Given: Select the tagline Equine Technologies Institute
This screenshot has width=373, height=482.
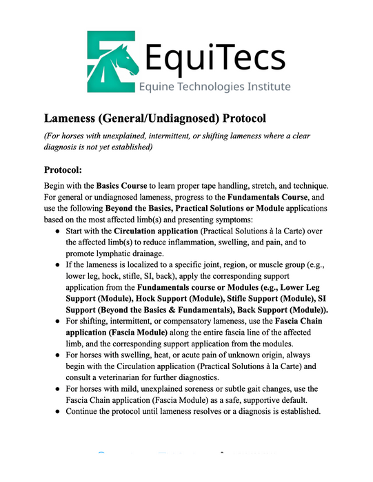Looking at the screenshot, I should click(x=214, y=87).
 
